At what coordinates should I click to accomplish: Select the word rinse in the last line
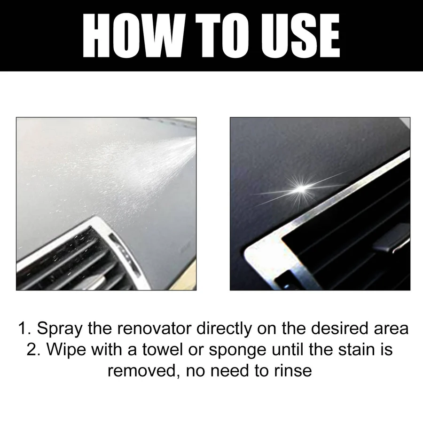click(x=292, y=371)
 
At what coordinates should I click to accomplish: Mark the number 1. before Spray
click(x=24, y=329)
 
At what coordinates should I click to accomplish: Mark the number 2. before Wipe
click(x=33, y=350)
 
